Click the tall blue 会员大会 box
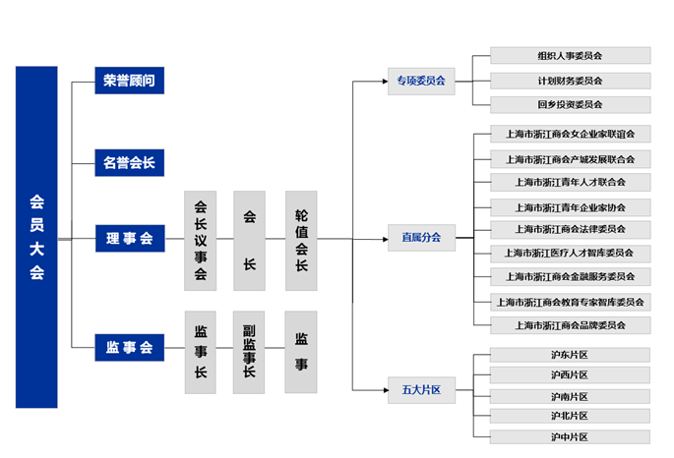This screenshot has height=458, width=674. coord(36,237)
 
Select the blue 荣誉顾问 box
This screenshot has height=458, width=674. coord(129,81)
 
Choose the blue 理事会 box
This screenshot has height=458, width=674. coord(129,238)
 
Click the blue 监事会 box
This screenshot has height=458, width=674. coord(129,347)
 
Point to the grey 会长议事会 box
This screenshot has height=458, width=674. coord(200,241)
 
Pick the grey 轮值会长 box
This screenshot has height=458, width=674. coord(301,241)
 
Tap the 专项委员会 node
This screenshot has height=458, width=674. coord(421,81)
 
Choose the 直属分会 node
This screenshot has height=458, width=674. coord(421,238)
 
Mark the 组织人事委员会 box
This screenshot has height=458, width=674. coord(570,56)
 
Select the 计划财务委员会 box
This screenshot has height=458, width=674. coord(570,81)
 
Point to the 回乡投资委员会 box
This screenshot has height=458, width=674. coord(570,104)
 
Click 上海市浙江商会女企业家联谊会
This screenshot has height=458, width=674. coord(570,134)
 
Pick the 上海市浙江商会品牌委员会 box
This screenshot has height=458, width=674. coord(570,325)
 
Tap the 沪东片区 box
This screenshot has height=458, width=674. coord(570,355)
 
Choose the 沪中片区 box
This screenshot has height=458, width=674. coord(570,436)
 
